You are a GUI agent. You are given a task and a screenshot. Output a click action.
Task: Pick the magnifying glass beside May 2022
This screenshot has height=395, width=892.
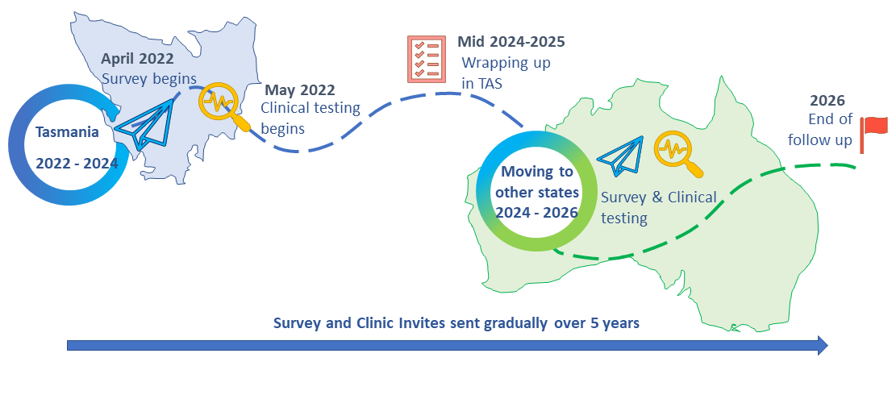pyautogui.click(x=223, y=106)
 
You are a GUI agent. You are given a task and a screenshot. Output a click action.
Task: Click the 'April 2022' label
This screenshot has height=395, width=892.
pyautogui.click(x=137, y=59)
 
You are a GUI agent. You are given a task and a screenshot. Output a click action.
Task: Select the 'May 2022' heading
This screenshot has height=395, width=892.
pyautogui.click(x=299, y=90)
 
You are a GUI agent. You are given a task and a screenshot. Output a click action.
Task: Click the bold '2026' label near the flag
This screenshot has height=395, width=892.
pyautogui.click(x=828, y=102)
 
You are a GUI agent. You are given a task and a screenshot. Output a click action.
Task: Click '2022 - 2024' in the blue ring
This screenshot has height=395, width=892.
pyautogui.click(x=77, y=162)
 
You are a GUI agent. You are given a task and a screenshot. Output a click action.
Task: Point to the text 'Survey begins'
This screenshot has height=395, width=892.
pyautogui.click(x=149, y=78)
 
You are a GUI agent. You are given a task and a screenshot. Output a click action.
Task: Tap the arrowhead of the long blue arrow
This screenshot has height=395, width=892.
pyautogui.click(x=821, y=346)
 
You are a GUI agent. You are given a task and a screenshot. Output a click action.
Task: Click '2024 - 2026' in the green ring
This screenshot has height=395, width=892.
pyautogui.click(x=536, y=213)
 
